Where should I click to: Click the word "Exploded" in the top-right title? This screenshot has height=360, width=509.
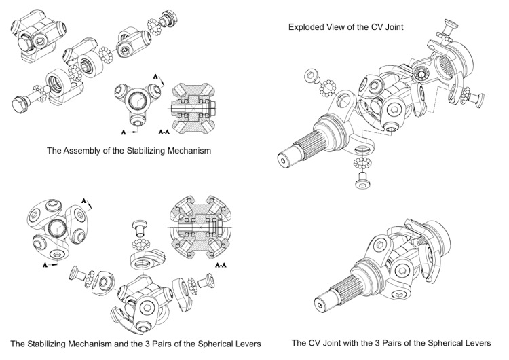[306, 27]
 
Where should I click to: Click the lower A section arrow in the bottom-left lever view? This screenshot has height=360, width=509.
[47, 262]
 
